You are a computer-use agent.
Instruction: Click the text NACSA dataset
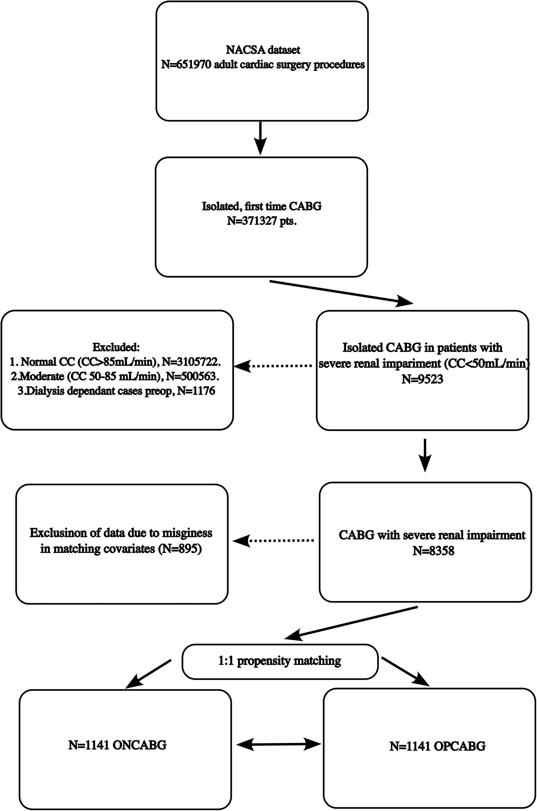[x=263, y=50]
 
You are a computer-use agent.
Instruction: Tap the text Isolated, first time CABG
[x=261, y=206]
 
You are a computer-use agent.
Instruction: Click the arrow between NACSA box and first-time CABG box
[x=260, y=138]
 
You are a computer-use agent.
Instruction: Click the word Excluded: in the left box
[x=116, y=346]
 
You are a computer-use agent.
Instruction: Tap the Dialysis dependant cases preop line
[x=116, y=391]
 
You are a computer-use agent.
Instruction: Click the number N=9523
[x=422, y=379]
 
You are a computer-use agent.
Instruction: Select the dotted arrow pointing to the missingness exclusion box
[x=275, y=540]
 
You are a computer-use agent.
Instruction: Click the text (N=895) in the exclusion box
[x=180, y=549]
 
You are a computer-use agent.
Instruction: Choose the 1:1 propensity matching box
[x=280, y=661]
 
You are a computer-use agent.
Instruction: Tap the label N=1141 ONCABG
[x=117, y=745]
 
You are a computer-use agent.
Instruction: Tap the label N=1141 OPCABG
[x=437, y=746]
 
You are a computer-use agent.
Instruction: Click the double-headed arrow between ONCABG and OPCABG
[x=279, y=744]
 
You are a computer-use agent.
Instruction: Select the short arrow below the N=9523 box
[x=425, y=455]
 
